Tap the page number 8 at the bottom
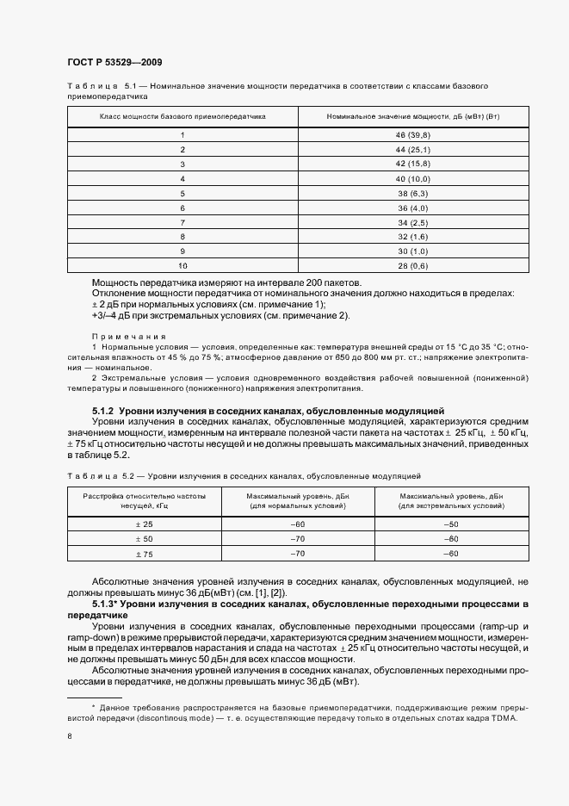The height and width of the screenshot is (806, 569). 70,736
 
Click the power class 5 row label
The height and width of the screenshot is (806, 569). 182,195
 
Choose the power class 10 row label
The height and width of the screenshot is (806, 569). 182,267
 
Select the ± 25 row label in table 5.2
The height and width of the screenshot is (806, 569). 144,524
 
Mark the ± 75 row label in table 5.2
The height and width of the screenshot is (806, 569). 144,554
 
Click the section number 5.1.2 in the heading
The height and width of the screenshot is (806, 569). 103,411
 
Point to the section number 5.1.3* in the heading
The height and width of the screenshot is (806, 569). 105,605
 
